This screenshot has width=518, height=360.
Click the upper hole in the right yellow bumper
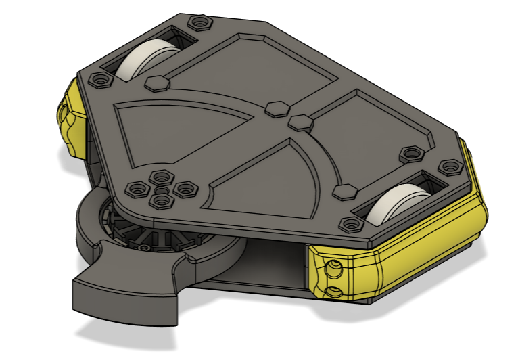[332, 268]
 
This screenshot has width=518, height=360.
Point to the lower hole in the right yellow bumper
[333, 291]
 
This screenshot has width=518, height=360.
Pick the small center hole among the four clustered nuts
[160, 192]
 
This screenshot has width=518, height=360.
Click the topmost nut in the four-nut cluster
[161, 177]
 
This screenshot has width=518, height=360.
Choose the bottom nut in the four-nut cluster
[160, 202]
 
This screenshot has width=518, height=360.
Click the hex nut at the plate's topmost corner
[199, 24]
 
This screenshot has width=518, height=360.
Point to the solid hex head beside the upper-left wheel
[156, 84]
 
